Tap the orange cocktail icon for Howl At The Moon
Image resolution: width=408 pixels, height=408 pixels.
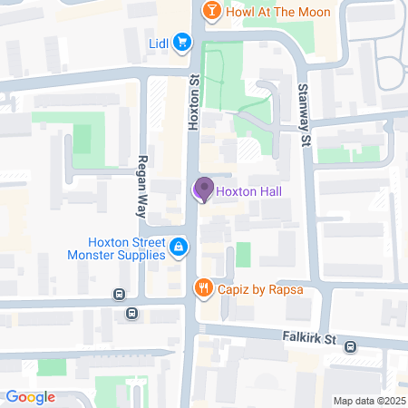(211, 11)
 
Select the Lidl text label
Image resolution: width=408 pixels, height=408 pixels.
(160, 43)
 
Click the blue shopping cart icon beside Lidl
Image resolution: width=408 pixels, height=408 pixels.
(182, 42)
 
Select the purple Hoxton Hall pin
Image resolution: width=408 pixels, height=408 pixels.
(203, 189)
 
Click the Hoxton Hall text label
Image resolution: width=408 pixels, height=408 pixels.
(248, 191)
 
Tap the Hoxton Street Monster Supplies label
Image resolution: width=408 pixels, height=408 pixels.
(127, 248)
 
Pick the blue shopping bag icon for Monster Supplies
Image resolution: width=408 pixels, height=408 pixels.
(180, 247)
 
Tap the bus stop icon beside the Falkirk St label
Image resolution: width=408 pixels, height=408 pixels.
(350, 346)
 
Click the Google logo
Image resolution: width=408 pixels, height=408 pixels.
(30, 397)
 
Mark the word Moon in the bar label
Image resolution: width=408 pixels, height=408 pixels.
(313, 11)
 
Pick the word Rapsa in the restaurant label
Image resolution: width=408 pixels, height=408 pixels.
(282, 290)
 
